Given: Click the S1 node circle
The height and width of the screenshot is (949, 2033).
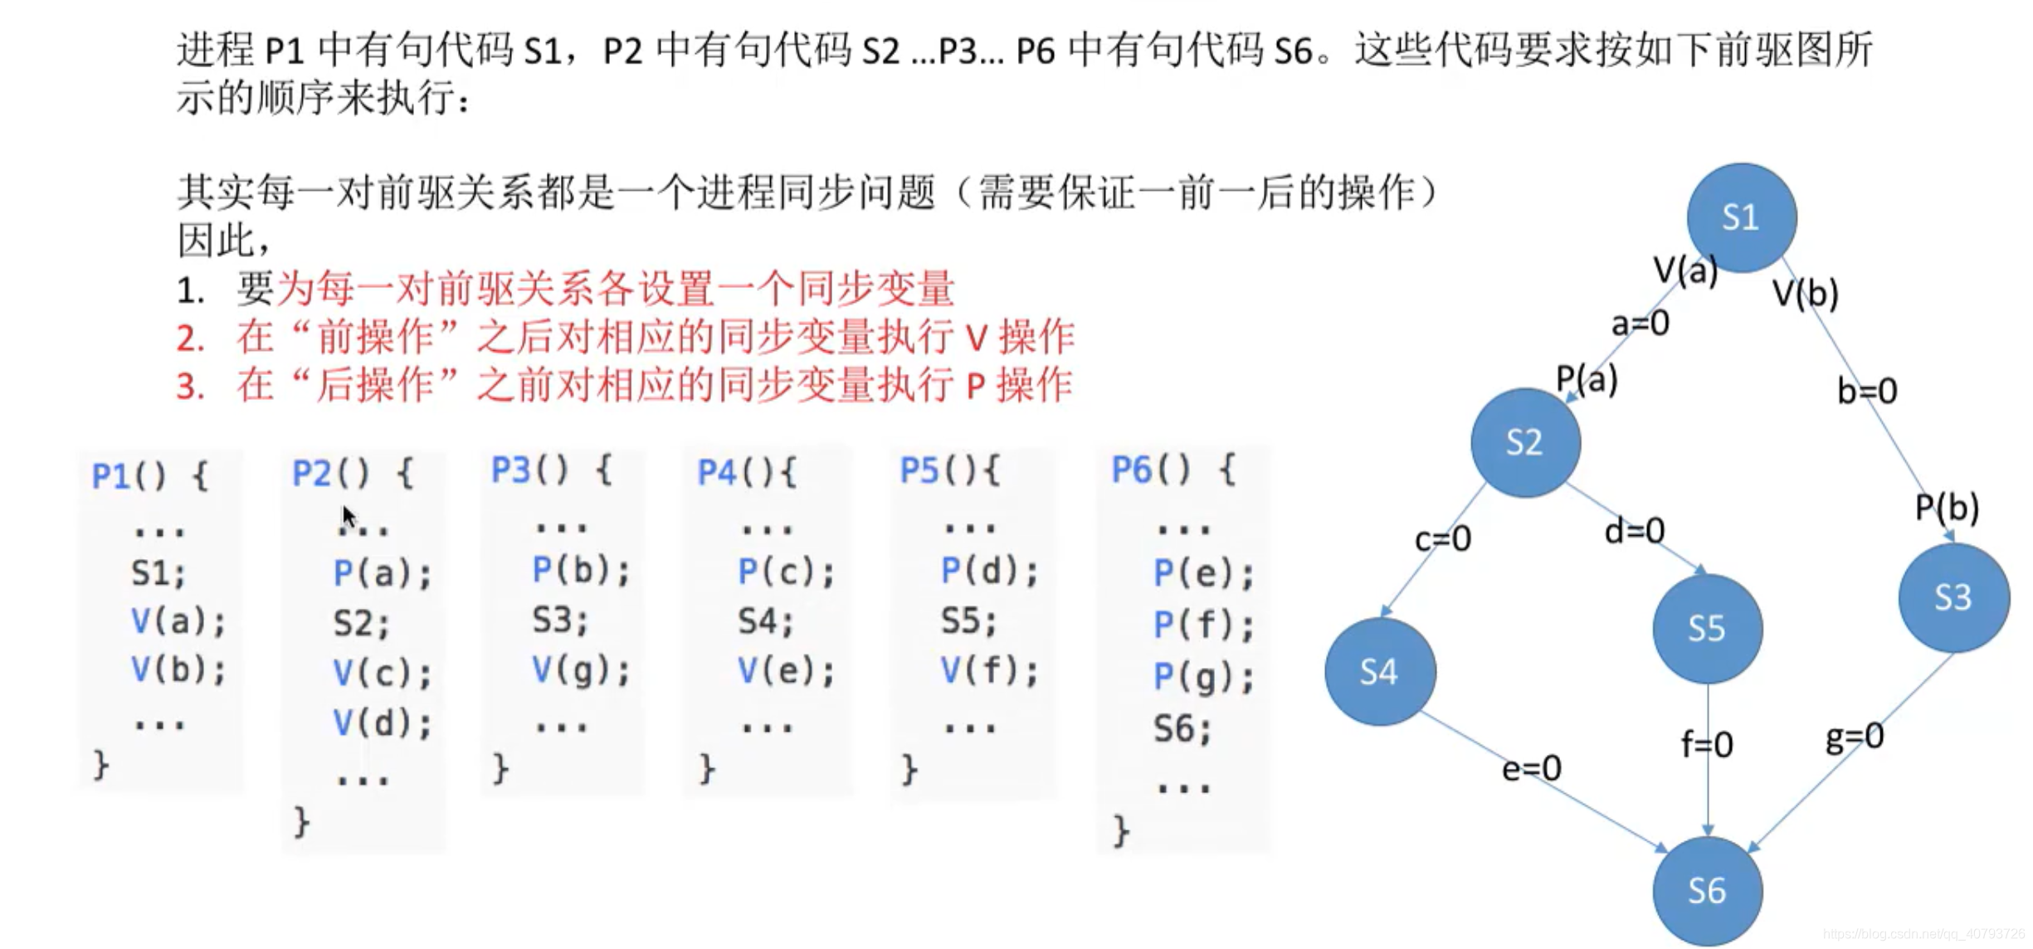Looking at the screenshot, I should [x=1741, y=217].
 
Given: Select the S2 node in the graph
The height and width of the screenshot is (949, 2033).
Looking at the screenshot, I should [x=1525, y=442].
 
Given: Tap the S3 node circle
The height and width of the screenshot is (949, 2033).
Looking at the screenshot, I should [x=1953, y=597].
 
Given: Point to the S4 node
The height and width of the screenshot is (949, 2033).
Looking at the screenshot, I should [x=1380, y=671].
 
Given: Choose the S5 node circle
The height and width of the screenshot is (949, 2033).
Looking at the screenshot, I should [x=1707, y=628].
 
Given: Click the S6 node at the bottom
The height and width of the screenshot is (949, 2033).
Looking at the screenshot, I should [x=1707, y=891].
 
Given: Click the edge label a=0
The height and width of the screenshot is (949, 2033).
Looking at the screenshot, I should [x=1640, y=323].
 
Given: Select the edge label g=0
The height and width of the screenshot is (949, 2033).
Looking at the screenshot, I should [x=1854, y=736].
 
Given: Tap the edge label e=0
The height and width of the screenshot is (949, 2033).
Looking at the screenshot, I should [x=1532, y=768].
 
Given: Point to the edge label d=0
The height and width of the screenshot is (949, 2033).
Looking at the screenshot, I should [x=1634, y=531].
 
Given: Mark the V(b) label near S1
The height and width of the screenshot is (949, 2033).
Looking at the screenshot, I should [x=1805, y=293].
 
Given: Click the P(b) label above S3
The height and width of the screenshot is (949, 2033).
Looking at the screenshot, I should [x=1947, y=507].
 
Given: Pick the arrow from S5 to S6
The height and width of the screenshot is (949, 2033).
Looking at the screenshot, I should [x=1707, y=788].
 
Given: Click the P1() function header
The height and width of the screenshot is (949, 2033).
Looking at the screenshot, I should [x=149, y=476].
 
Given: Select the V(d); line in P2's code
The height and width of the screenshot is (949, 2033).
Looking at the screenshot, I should [x=382, y=723].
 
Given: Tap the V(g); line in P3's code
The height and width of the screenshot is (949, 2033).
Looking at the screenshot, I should [x=580, y=669].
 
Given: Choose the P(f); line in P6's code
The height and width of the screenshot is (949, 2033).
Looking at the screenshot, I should [x=1203, y=625].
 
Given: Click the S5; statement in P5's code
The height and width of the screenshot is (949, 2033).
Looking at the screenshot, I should [x=968, y=620].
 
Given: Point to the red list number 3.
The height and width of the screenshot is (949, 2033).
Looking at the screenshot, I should [x=190, y=387].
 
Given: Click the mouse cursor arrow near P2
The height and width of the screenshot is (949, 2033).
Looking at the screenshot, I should [x=349, y=516].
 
